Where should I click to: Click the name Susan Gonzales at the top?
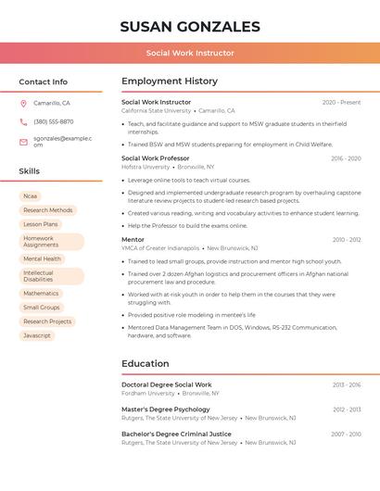coord(189,27)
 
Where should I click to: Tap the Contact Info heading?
coord(43,82)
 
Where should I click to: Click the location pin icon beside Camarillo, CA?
coord(23,103)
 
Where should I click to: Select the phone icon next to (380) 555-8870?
coord(23,121)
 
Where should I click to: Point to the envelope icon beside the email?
coord(23,141)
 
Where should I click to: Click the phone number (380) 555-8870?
coord(53,121)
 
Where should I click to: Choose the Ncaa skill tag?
coord(31,196)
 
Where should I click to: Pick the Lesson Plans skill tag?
coord(41,224)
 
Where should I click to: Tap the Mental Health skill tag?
coord(43,259)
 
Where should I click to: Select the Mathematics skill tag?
coord(41,294)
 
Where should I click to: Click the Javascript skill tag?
coord(37,335)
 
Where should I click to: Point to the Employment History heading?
coord(169,82)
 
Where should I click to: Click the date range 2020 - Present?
coord(341,103)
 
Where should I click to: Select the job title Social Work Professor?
coord(155,158)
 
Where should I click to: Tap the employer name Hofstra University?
coord(146,167)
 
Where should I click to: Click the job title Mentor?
coord(133,240)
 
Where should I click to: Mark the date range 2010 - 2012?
coord(347,240)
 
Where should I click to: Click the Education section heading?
coord(145,364)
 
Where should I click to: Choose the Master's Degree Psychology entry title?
coord(165,409)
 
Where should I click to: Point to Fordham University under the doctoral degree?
coord(147,393)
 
